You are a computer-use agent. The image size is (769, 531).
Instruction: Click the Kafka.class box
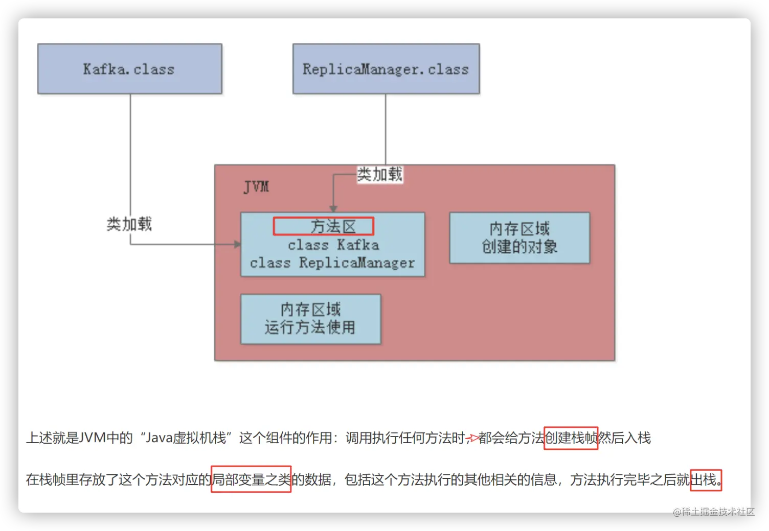(x=129, y=68)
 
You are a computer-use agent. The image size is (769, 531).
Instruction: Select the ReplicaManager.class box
(x=386, y=68)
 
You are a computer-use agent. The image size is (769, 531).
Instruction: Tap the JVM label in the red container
(x=256, y=187)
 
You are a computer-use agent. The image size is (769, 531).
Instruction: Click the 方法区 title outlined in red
(x=323, y=226)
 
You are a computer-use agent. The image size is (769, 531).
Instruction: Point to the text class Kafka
(x=333, y=245)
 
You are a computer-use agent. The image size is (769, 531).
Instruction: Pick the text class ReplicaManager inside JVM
(x=332, y=263)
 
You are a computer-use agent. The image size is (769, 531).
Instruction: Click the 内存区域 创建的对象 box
(x=519, y=238)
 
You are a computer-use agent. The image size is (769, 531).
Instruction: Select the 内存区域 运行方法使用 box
(x=310, y=319)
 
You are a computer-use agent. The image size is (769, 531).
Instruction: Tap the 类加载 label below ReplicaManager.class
(x=379, y=174)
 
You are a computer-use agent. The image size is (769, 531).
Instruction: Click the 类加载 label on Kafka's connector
(x=129, y=224)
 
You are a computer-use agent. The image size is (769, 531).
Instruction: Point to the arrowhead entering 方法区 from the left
(x=237, y=245)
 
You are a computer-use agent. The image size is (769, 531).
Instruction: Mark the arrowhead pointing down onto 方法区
(x=333, y=208)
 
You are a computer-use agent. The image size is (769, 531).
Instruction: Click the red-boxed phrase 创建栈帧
(x=571, y=438)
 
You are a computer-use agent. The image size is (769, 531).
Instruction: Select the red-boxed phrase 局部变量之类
(x=251, y=479)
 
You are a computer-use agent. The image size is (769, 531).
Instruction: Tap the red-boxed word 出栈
(x=705, y=480)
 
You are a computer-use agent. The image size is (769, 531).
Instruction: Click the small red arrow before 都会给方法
(x=472, y=438)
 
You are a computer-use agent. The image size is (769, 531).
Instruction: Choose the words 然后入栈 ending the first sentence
(x=625, y=438)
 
